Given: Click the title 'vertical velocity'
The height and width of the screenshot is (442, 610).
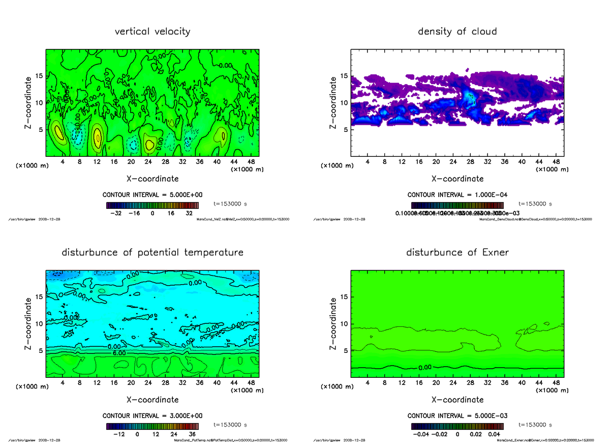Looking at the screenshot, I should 152,32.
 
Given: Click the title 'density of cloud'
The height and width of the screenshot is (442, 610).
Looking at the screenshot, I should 457,32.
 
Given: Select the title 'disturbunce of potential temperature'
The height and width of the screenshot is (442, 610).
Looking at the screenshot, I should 152,253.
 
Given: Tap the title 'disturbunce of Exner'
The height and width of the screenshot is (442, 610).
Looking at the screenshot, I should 457,253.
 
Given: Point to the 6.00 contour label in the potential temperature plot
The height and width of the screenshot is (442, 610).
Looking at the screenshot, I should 120,352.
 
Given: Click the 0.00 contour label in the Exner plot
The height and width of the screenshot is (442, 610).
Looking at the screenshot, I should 426,367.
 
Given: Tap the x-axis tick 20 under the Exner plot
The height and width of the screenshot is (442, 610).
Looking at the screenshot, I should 436,383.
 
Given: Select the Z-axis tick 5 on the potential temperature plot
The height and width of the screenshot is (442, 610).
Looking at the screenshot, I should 42,350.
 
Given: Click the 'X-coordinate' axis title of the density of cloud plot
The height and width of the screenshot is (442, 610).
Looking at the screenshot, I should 457,179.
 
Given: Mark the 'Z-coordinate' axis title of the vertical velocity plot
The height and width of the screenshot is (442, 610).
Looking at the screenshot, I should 29,102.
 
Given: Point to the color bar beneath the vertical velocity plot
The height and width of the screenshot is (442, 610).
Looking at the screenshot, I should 152,205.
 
